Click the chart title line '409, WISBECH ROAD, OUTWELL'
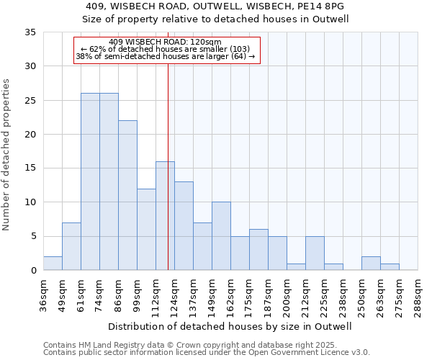[x=215, y=6]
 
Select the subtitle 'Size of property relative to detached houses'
[x=215, y=19]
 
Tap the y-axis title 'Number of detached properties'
[x=6, y=155]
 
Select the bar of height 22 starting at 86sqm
[x=127, y=195]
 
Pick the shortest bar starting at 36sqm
[x=53, y=264]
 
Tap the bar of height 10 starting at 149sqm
[x=221, y=236]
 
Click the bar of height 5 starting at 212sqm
[x=315, y=253]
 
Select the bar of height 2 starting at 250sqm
[x=371, y=264]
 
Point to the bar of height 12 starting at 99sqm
[x=146, y=229]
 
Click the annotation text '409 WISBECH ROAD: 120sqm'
[x=166, y=42]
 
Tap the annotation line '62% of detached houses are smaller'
[x=166, y=49]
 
